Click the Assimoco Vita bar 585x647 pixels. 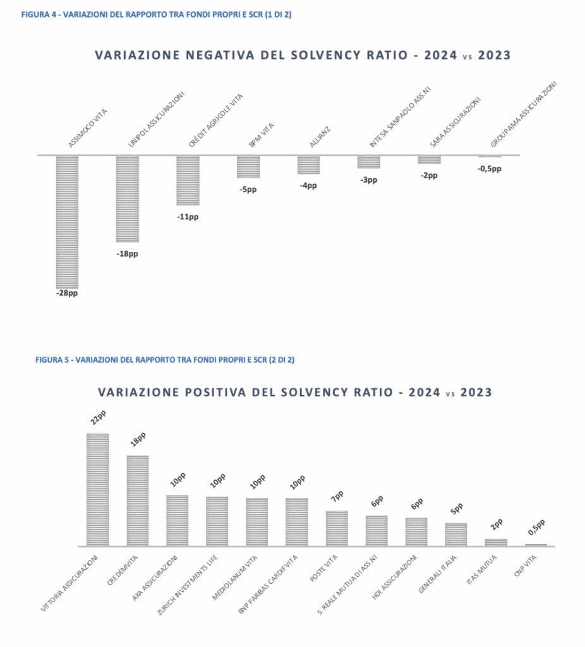click(x=67, y=221)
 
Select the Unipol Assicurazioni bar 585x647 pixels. click(x=127, y=198)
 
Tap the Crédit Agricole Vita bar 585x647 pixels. click(x=188, y=180)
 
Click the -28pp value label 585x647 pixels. click(x=67, y=294)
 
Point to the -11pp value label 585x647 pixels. click(x=188, y=217)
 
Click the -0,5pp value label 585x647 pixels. click(x=489, y=169)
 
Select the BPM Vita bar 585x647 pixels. click(x=248, y=166)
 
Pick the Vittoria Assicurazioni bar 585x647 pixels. click(x=97, y=490)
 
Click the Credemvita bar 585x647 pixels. click(x=138, y=500)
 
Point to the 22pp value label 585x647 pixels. click(x=97, y=418)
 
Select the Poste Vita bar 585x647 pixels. click(x=337, y=528)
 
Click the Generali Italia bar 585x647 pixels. click(x=456, y=535)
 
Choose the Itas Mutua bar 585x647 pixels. click(x=496, y=542)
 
